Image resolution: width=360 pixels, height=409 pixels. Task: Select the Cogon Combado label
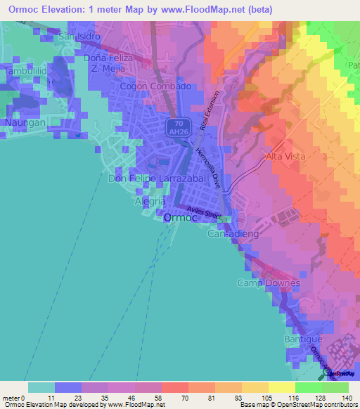[x=155, y=86]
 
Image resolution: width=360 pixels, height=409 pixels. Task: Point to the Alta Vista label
[x=285, y=156]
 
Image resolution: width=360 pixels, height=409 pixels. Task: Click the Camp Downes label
[x=268, y=283]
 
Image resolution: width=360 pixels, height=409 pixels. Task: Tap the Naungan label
[x=26, y=122]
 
